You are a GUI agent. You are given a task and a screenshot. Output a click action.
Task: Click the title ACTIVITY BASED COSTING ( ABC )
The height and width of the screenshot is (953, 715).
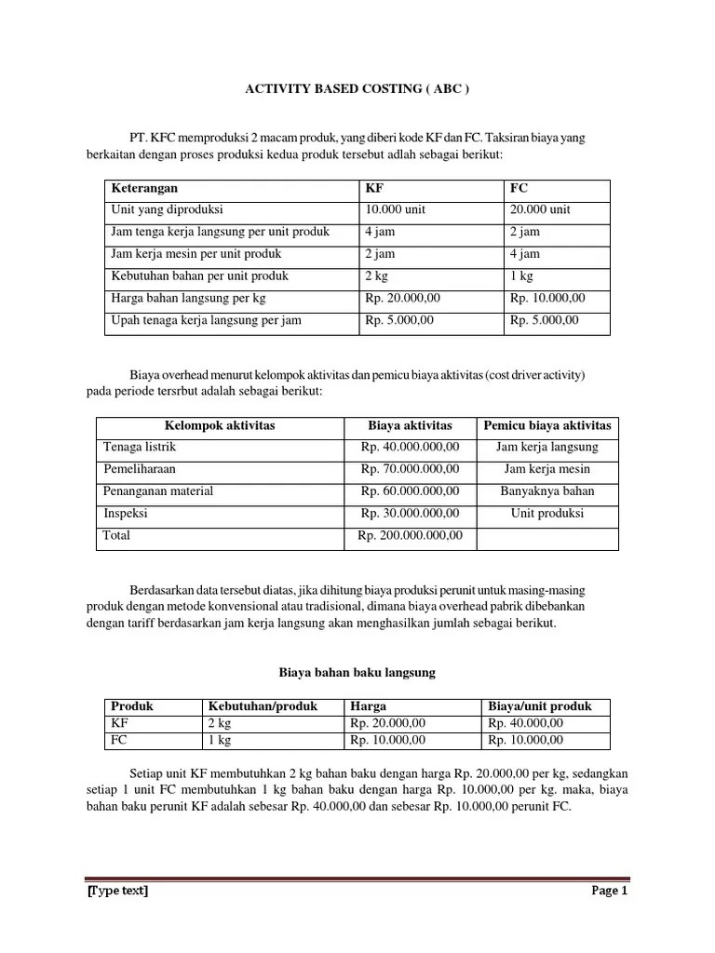(357, 90)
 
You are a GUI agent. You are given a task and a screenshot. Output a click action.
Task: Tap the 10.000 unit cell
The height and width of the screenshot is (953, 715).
(395, 209)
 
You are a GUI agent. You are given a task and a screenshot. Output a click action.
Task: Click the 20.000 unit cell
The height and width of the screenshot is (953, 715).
(540, 209)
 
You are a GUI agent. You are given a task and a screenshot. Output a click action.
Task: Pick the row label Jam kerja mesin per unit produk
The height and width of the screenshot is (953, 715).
(196, 254)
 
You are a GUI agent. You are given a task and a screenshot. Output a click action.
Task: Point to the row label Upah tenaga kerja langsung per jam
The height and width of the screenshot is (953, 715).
(206, 320)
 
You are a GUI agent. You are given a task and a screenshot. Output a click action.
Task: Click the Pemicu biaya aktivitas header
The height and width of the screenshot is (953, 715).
(546, 426)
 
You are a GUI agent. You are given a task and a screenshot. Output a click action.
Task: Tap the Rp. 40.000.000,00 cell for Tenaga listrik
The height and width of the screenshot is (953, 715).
(410, 448)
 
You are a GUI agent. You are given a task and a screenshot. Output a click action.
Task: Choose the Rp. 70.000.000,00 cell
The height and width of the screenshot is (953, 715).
(410, 469)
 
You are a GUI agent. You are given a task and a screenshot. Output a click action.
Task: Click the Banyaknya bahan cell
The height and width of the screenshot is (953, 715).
(546, 491)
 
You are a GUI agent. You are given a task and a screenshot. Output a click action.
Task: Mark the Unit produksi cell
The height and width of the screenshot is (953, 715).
(546, 513)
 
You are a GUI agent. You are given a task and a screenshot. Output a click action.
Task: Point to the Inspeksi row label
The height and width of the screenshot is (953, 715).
(125, 513)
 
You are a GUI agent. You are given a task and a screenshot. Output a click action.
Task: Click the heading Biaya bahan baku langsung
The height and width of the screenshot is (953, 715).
(357, 671)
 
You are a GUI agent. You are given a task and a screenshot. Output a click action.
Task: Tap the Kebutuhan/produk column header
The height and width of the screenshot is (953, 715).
(263, 706)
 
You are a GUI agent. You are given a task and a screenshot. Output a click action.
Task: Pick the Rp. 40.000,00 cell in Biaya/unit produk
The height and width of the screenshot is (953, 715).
(525, 723)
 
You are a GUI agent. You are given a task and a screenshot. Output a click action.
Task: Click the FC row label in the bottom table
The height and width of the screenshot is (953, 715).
(119, 740)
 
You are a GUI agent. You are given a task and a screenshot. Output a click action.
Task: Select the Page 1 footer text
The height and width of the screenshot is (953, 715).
(610, 891)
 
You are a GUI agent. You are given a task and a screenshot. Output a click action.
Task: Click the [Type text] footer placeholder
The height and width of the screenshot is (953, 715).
(117, 891)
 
